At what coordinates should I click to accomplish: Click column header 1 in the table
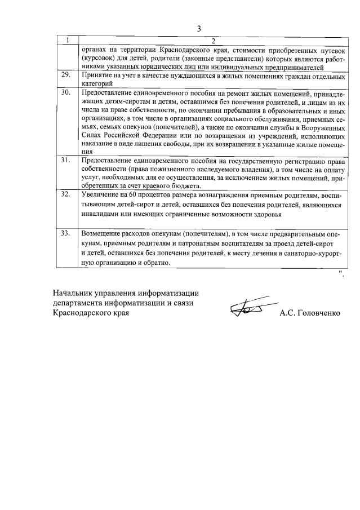(68, 41)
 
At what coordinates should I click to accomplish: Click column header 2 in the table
(213, 41)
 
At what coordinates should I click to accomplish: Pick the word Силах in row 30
(91, 136)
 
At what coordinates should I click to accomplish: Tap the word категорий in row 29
(98, 83)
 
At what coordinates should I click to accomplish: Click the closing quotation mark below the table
(341, 273)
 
